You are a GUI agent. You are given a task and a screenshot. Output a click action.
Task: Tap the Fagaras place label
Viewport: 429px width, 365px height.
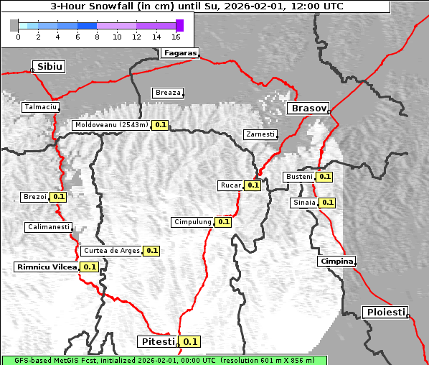(x=179, y=52)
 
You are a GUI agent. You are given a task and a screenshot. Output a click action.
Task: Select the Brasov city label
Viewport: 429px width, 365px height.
(x=308, y=108)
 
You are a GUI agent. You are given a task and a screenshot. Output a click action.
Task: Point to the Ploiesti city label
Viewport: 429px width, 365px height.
(x=386, y=312)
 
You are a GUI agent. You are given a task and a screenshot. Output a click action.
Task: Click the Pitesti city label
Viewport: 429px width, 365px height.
(x=156, y=341)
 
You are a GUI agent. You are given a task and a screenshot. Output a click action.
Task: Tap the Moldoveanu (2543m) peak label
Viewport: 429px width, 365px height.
(x=111, y=125)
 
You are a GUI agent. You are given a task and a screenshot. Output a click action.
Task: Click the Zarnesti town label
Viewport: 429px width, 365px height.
(x=260, y=134)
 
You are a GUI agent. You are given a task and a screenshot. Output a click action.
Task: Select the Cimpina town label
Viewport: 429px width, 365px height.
(x=336, y=262)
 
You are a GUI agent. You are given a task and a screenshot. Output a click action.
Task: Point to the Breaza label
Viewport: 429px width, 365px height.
(x=168, y=93)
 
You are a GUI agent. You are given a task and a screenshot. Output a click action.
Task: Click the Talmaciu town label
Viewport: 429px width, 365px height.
(x=40, y=107)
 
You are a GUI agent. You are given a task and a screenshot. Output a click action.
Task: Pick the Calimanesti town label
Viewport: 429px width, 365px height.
(x=48, y=227)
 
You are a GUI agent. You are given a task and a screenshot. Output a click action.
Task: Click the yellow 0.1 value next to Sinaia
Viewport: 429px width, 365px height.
(x=327, y=203)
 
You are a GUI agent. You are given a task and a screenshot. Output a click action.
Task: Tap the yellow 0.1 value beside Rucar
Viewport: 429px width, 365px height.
(x=253, y=185)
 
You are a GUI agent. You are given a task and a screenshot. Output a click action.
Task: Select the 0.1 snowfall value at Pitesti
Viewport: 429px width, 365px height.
(x=190, y=341)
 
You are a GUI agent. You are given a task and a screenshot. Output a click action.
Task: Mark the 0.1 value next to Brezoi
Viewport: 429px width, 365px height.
(x=58, y=197)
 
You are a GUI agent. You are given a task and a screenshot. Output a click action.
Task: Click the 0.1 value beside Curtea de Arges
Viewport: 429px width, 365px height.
(x=151, y=251)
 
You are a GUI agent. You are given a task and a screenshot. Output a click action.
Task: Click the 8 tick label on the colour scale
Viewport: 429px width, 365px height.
(x=97, y=37)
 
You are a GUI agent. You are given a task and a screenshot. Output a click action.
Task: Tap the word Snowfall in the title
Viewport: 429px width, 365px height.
(x=113, y=6)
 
